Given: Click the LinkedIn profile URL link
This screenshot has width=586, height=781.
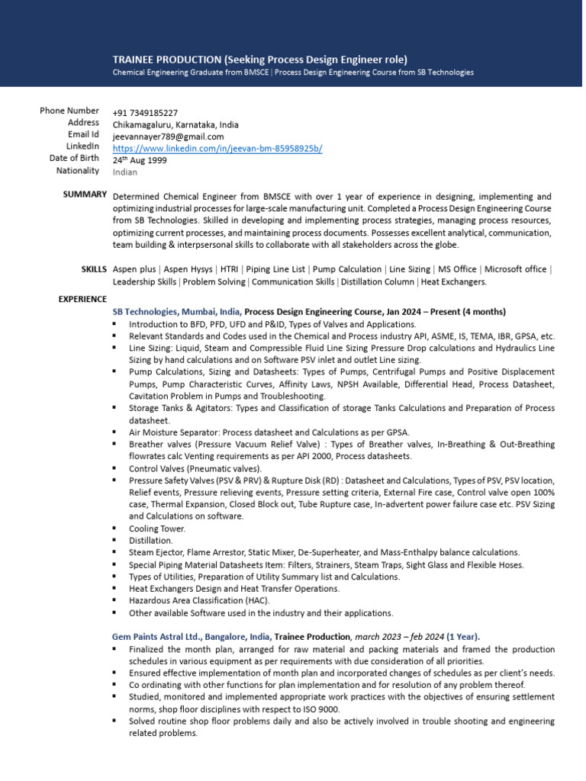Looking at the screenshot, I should point(217,149).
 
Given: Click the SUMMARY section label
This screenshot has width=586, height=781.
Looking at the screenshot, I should point(85,195).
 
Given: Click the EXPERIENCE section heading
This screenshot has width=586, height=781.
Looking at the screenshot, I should point(82,299).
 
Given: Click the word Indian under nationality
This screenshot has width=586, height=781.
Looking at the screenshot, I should point(126,172).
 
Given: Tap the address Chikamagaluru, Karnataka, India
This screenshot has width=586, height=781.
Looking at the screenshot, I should point(175,125).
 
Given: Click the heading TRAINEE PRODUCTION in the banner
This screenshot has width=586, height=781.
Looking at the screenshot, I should point(166,59).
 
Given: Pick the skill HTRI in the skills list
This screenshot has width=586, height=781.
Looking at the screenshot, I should point(227,269).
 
